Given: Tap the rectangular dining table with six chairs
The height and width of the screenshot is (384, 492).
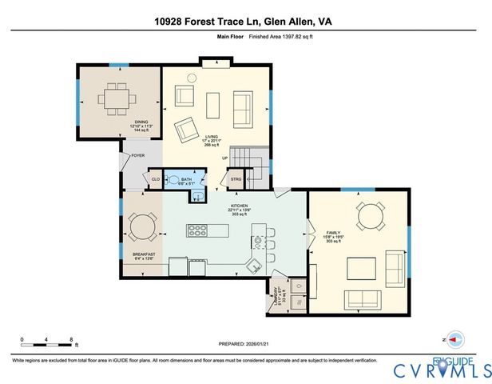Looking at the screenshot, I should coord(120,96).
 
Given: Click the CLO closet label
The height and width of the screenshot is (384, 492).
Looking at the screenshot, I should coord(156,179).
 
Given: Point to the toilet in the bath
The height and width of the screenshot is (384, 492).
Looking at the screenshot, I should coord(175,181).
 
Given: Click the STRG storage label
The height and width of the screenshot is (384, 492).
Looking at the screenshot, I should coord(236,179).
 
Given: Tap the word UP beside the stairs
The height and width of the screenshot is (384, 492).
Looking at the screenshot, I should coord(225,158).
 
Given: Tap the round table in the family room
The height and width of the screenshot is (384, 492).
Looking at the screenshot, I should coord(371,215).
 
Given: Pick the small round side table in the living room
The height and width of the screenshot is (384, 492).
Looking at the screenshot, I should coord(192,78).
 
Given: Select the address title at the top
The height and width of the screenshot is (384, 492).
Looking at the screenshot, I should coord(246,23).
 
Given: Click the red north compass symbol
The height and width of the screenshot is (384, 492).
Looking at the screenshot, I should coord(453,339).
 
